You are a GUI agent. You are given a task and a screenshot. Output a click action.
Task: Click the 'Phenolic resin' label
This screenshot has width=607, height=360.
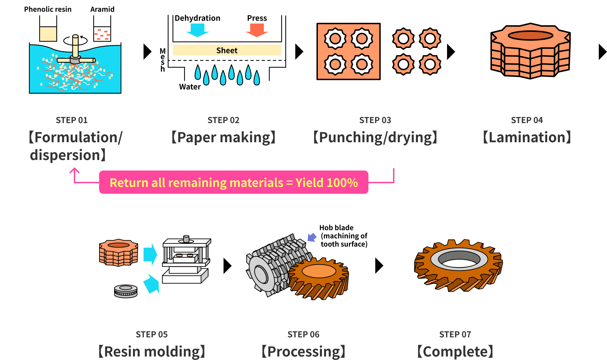[x=48, y=9]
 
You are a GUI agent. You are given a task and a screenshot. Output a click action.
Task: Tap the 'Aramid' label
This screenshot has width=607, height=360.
[x=102, y=9]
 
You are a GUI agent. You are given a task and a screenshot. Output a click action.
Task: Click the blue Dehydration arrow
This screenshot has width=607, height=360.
[x=197, y=30]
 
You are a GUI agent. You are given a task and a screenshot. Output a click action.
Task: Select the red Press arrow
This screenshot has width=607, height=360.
[x=257, y=30]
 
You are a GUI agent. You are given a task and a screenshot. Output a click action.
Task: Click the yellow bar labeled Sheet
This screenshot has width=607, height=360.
[x=227, y=50]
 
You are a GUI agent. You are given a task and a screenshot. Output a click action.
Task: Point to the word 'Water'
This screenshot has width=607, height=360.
[x=190, y=87]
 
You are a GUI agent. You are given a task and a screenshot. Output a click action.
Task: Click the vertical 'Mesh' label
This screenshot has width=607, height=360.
[x=163, y=60]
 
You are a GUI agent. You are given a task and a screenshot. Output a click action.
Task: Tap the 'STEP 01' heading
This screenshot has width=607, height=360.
[x=72, y=120]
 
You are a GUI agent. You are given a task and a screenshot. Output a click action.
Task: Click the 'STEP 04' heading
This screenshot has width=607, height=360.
[x=527, y=120]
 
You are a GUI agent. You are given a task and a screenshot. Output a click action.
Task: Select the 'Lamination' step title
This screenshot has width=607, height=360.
[x=527, y=137]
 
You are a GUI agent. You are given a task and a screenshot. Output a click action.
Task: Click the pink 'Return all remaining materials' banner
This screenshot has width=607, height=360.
[x=234, y=182]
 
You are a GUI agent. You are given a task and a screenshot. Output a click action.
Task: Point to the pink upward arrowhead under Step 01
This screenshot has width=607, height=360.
[x=75, y=170]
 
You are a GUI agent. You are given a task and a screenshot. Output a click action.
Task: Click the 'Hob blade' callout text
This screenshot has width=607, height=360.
[x=343, y=236]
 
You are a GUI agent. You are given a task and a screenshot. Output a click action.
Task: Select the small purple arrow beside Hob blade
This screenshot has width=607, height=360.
[x=312, y=237]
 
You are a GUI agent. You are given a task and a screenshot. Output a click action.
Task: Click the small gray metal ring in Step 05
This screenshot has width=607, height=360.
[x=126, y=291]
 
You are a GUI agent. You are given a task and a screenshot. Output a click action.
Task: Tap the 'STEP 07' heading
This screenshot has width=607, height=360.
[x=455, y=334]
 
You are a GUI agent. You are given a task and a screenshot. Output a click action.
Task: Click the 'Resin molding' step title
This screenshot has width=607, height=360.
[x=152, y=351]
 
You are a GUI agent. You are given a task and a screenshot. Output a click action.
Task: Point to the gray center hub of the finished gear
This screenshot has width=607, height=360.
[x=460, y=258]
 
